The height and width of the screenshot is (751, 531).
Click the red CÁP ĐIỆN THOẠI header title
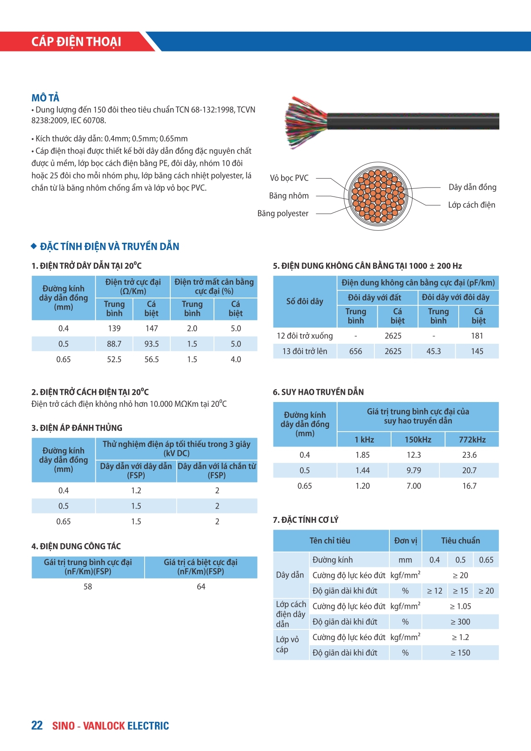76,42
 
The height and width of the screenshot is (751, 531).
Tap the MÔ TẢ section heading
45,98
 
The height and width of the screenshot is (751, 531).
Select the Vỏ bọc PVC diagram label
289,178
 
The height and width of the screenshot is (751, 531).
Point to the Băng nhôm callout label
289,196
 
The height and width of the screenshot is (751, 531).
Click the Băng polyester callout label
283,213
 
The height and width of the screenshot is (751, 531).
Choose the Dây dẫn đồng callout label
472,187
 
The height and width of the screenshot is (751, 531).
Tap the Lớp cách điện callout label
472,205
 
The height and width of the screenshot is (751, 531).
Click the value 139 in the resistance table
114,328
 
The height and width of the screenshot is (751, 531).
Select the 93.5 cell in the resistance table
151,344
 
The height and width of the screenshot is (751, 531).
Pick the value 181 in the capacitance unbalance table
477,336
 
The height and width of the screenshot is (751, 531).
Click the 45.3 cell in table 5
433,351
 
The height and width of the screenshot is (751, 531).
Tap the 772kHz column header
472,439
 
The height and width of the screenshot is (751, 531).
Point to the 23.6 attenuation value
469,455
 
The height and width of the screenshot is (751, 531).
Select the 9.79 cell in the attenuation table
414,470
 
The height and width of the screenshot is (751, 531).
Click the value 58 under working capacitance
88,587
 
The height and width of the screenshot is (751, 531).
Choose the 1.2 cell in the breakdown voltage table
136,491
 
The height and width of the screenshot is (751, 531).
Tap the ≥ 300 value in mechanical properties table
460,622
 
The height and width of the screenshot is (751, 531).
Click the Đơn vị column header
405,540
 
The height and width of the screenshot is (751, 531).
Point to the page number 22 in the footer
37,725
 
